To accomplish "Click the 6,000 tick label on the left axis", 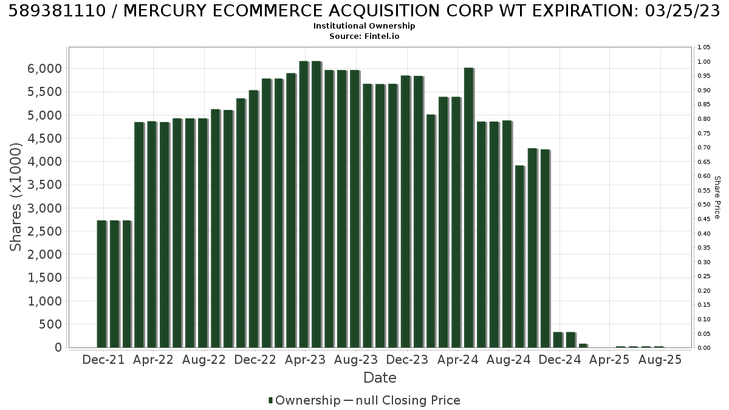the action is tap(44, 69).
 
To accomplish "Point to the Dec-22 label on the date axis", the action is tap(255, 360).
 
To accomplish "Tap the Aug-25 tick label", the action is tap(660, 360).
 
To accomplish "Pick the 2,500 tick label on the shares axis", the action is tap(44, 231).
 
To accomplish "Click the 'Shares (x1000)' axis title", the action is tap(15, 197).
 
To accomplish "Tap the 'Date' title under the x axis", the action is tap(380, 378).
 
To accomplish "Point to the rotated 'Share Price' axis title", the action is tap(717, 197).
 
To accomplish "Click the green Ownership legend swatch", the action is tap(270, 400).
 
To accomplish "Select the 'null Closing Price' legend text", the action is tap(408, 400).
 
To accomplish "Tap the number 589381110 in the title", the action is tap(57, 11).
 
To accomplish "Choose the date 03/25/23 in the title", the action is tap(682, 11).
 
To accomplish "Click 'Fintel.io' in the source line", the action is tap(382, 36).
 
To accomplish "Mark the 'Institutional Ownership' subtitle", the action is tap(364, 26).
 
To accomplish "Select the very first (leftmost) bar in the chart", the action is tap(102, 284).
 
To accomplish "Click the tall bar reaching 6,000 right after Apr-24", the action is tap(469, 208).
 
